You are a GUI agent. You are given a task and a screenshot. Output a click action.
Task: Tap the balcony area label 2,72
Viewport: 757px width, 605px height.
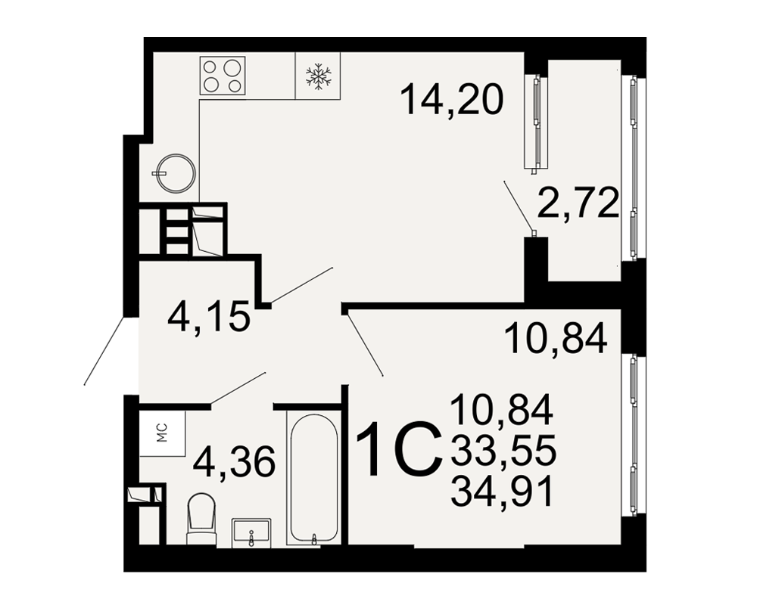578,203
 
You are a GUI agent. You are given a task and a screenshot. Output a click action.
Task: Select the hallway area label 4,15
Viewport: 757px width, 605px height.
209,316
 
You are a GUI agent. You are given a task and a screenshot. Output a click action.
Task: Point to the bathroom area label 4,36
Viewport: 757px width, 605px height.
234,461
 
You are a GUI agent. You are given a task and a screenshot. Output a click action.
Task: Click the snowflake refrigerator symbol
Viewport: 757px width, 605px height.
318,76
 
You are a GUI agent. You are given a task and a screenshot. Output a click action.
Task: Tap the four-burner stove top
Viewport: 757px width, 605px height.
223,76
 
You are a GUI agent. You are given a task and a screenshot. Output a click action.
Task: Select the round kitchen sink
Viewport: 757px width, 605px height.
176,173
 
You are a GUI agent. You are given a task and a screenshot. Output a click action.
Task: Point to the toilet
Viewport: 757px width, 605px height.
201,519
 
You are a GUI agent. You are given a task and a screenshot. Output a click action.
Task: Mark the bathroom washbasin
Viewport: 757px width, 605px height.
251,533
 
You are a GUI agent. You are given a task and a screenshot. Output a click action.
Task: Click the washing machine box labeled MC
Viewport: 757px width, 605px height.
163,433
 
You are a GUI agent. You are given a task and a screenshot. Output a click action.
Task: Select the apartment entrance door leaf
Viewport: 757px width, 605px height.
106,351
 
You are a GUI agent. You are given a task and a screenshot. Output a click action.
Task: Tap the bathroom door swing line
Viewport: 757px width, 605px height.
238,387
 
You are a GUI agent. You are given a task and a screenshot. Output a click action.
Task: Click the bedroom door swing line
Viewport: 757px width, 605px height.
365,345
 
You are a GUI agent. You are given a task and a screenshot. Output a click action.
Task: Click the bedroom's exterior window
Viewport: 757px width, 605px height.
634,436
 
